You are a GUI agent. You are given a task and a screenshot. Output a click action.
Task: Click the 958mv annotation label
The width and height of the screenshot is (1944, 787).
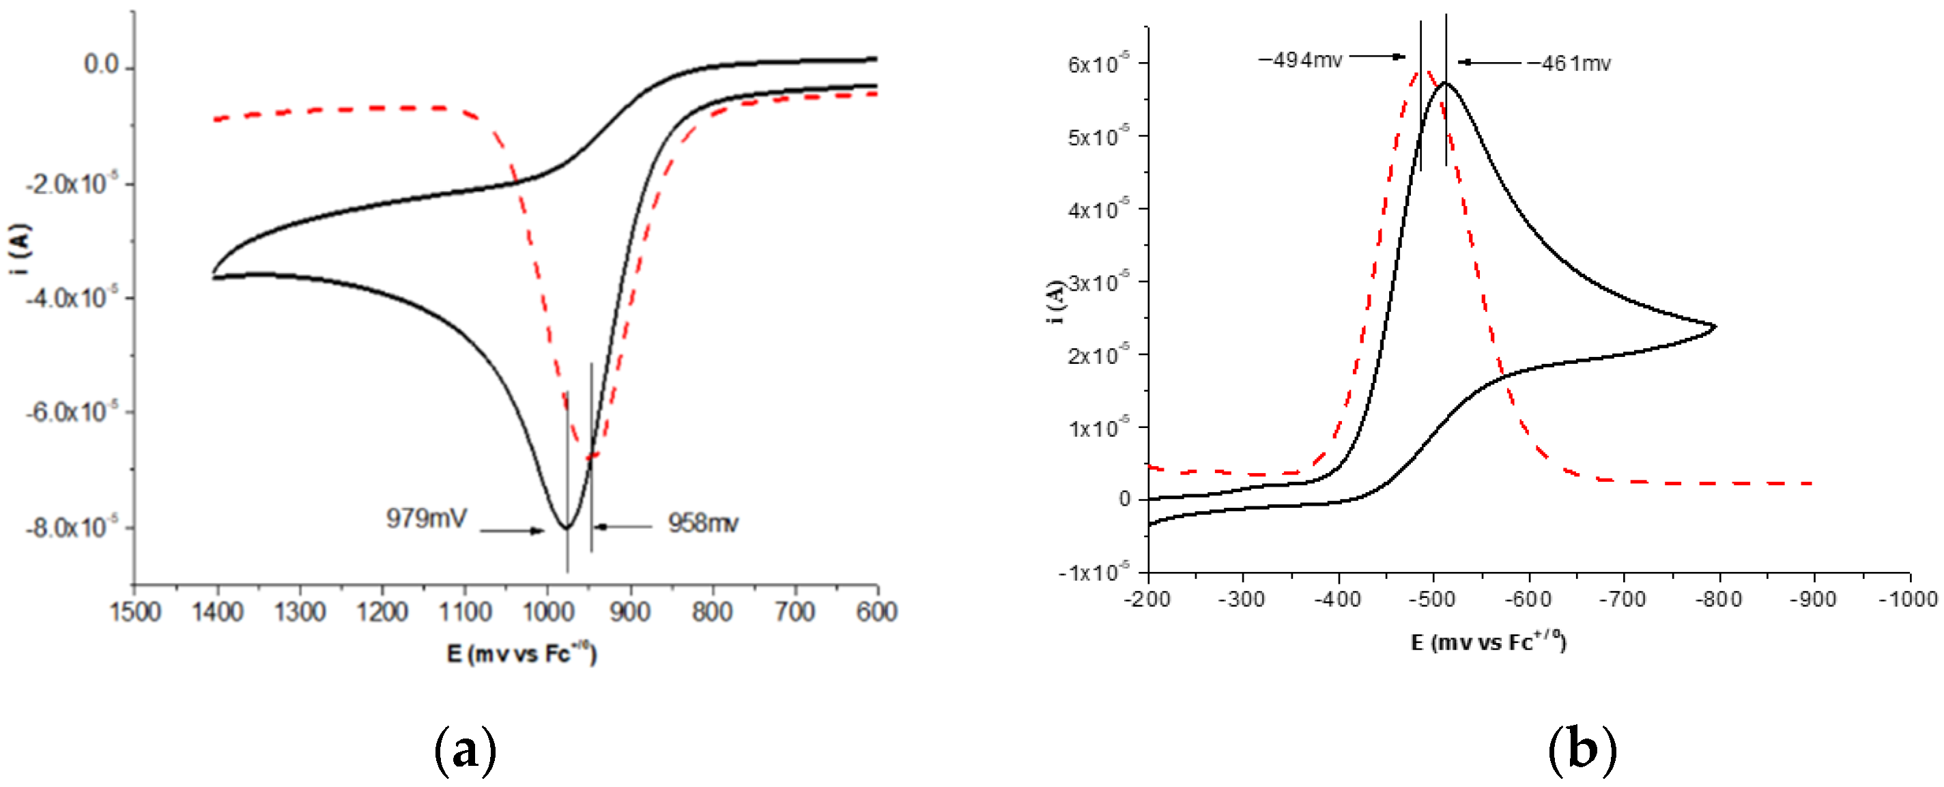click(702, 523)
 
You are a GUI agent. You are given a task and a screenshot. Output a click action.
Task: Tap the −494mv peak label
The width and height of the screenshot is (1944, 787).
click(1300, 59)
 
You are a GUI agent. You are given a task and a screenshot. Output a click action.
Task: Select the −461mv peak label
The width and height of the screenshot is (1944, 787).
click(1569, 63)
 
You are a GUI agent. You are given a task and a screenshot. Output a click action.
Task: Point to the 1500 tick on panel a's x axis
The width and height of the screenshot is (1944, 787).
click(135, 611)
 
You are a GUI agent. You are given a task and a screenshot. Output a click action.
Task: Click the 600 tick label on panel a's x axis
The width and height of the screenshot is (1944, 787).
click(876, 611)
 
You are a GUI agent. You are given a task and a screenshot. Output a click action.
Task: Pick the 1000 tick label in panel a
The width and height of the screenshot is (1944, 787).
click(547, 611)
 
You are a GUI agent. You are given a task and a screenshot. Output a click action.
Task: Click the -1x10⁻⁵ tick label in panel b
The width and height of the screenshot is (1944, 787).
click(1093, 572)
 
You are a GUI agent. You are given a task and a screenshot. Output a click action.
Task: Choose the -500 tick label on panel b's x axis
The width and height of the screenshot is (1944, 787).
click(1432, 599)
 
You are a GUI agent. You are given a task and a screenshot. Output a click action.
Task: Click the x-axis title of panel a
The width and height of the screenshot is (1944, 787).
click(521, 653)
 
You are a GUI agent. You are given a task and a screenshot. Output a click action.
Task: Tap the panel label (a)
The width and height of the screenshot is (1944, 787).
click(466, 750)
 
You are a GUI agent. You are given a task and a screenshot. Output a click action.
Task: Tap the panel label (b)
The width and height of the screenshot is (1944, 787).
click(1582, 750)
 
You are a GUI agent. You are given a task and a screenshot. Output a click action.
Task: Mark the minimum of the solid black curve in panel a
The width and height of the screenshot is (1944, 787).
click(567, 528)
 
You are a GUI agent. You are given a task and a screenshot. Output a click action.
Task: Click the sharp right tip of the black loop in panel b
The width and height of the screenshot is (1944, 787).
click(1715, 327)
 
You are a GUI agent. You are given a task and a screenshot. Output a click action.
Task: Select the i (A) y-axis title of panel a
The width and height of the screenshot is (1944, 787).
click(21, 249)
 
